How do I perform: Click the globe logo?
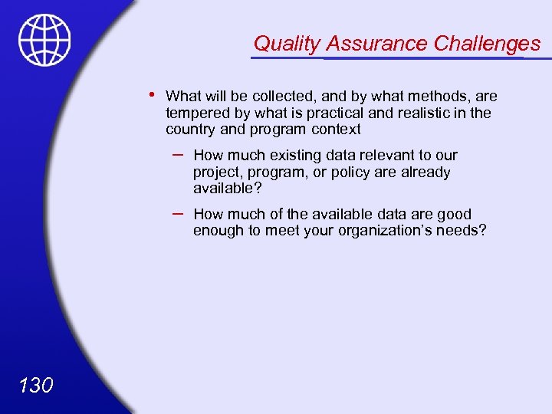coord(45,40)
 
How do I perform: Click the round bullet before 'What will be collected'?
coord(153,95)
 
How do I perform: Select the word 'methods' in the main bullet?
coord(430,97)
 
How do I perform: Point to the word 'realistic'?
coord(426,113)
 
